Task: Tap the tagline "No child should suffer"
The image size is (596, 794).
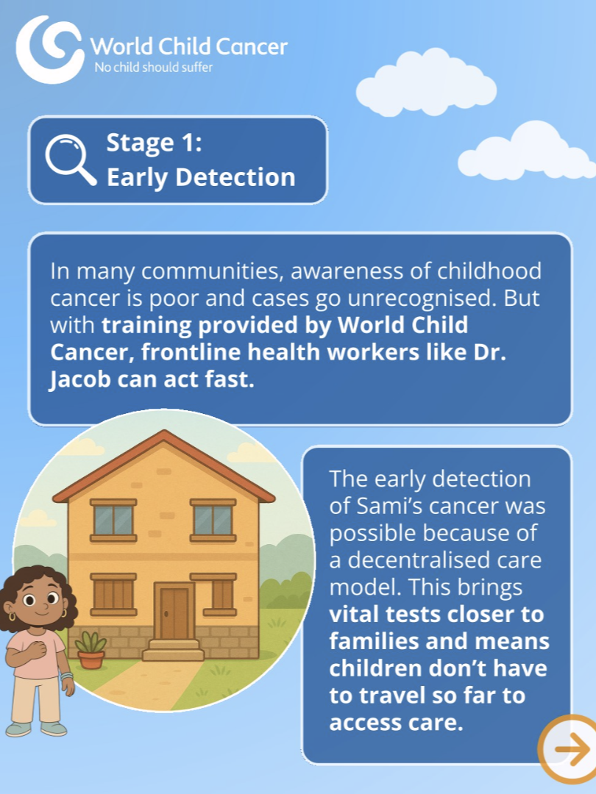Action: [154, 67]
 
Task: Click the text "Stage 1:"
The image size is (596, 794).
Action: [154, 143]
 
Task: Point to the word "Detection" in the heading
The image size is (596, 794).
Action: [235, 177]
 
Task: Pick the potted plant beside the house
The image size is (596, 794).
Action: [91, 650]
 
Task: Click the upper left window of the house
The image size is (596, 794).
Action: [113, 520]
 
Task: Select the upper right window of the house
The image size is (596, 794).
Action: [213, 520]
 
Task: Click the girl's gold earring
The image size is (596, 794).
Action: [12, 617]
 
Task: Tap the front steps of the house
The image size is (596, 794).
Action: [173, 650]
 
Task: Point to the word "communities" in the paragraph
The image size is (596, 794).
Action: [210, 271]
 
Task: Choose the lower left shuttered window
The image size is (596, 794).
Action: [113, 595]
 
